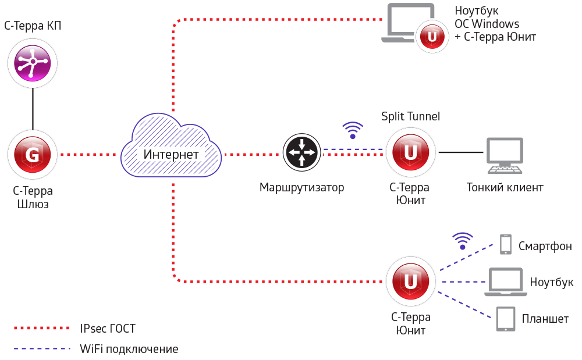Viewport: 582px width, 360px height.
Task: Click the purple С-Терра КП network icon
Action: pos(33,62)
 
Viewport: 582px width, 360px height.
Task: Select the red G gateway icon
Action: pos(33,155)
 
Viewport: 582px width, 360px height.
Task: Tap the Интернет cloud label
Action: pos(171,155)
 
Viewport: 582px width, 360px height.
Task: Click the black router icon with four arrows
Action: pos(301,152)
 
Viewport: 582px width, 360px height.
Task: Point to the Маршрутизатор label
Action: pos(301,188)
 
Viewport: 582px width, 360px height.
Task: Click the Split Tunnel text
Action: pos(410,117)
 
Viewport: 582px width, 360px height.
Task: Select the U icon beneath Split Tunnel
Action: pos(411,153)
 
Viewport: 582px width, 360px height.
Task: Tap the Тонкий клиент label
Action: pos(505,188)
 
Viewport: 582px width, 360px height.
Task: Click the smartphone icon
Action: pos(505,245)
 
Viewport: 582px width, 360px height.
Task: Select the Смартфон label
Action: pos(545,246)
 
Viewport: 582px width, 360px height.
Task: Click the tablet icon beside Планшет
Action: pos(505,319)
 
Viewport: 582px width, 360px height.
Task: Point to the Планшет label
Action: pos(545,319)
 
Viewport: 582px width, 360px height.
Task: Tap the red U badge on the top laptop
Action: pos(432,37)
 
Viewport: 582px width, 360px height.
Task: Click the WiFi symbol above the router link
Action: pos(352,130)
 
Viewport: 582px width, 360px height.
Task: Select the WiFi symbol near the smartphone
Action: pos(463,240)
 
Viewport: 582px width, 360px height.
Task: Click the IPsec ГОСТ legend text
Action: pos(108,329)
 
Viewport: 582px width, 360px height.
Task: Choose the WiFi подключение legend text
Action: pos(129,350)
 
